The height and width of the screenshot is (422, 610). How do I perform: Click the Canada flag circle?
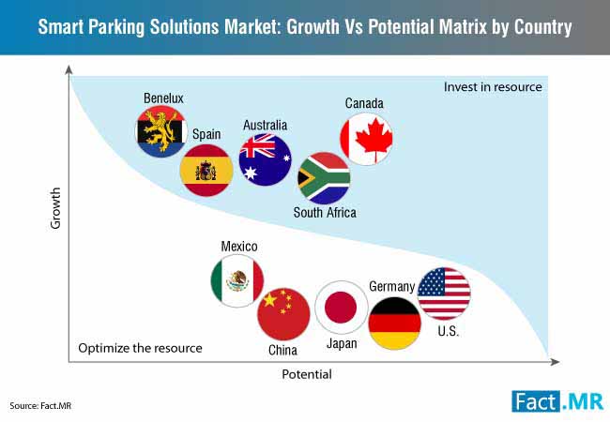pyautogui.click(x=366, y=139)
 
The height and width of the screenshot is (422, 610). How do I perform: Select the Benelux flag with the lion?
pyautogui.click(x=161, y=131)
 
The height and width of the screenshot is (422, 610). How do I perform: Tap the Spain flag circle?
pyautogui.click(x=206, y=170)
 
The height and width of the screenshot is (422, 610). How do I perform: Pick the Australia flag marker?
pyautogui.click(x=265, y=159)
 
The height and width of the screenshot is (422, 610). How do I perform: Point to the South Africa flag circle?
pyautogui.click(x=324, y=178)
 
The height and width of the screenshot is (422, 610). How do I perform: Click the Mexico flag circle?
pyautogui.click(x=236, y=280)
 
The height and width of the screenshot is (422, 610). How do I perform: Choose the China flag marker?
pyautogui.click(x=283, y=314)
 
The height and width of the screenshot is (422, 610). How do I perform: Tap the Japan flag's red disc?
pyautogui.click(x=341, y=307)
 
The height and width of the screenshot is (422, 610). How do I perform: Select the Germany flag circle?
pyautogui.click(x=394, y=324)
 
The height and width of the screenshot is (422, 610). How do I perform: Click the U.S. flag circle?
pyautogui.click(x=444, y=294)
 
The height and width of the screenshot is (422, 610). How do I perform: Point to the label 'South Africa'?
pyautogui.click(x=325, y=213)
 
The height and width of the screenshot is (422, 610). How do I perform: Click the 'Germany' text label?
pyautogui.click(x=391, y=287)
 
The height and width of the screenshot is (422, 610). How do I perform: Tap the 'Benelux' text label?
pyautogui.click(x=163, y=98)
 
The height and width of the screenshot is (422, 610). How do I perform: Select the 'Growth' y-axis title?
pyautogui.click(x=55, y=208)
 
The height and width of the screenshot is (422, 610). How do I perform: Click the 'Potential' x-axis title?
pyautogui.click(x=307, y=374)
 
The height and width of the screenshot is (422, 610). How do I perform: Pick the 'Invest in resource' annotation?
pyautogui.click(x=493, y=87)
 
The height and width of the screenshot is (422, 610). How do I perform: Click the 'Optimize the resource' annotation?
pyautogui.click(x=140, y=348)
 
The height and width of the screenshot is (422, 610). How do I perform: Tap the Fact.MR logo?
pyautogui.click(x=557, y=401)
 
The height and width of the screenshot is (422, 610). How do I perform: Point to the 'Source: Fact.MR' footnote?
pyautogui.click(x=40, y=406)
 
